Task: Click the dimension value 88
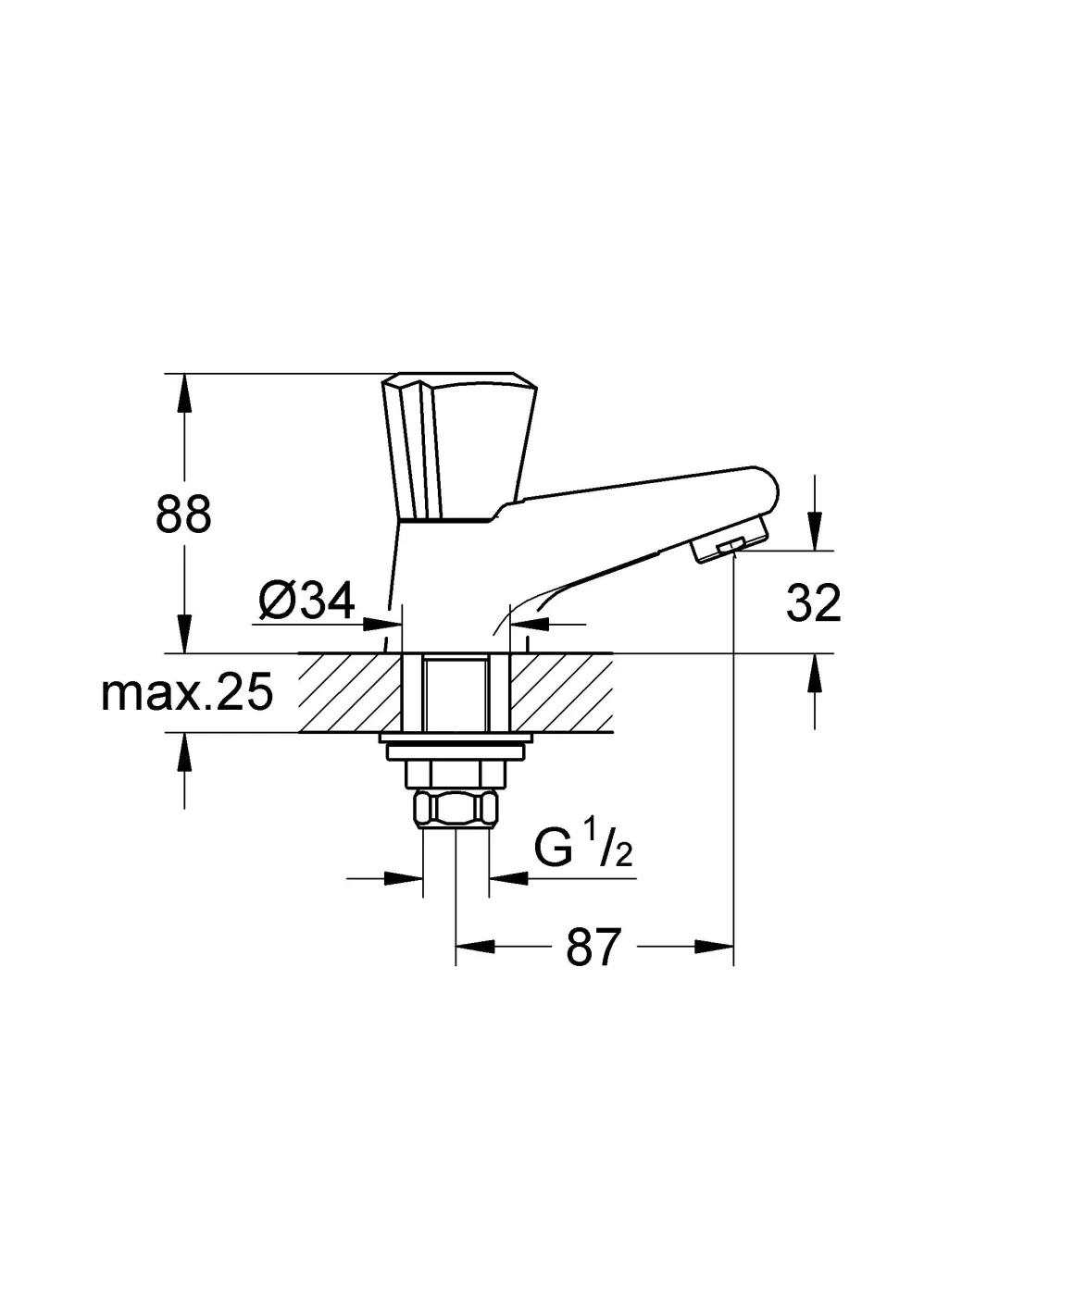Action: (183, 514)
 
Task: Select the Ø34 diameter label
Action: (306, 600)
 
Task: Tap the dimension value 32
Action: (813, 603)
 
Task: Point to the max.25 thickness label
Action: (187, 692)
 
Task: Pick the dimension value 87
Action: (593, 947)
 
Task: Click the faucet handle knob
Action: (458, 446)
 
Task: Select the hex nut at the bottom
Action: (456, 809)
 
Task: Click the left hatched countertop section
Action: (350, 692)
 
